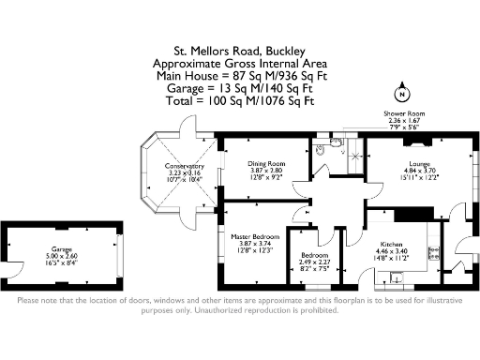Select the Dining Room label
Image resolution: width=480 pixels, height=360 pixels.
click(x=266, y=163)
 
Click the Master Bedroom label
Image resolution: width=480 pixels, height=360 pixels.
click(x=251, y=236)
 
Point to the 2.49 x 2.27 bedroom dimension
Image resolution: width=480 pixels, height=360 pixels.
click(x=315, y=262)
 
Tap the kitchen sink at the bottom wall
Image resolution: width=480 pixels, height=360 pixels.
click(x=397, y=276)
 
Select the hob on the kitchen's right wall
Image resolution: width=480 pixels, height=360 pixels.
click(x=433, y=250)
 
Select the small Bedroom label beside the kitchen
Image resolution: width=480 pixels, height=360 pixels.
click(x=315, y=254)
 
